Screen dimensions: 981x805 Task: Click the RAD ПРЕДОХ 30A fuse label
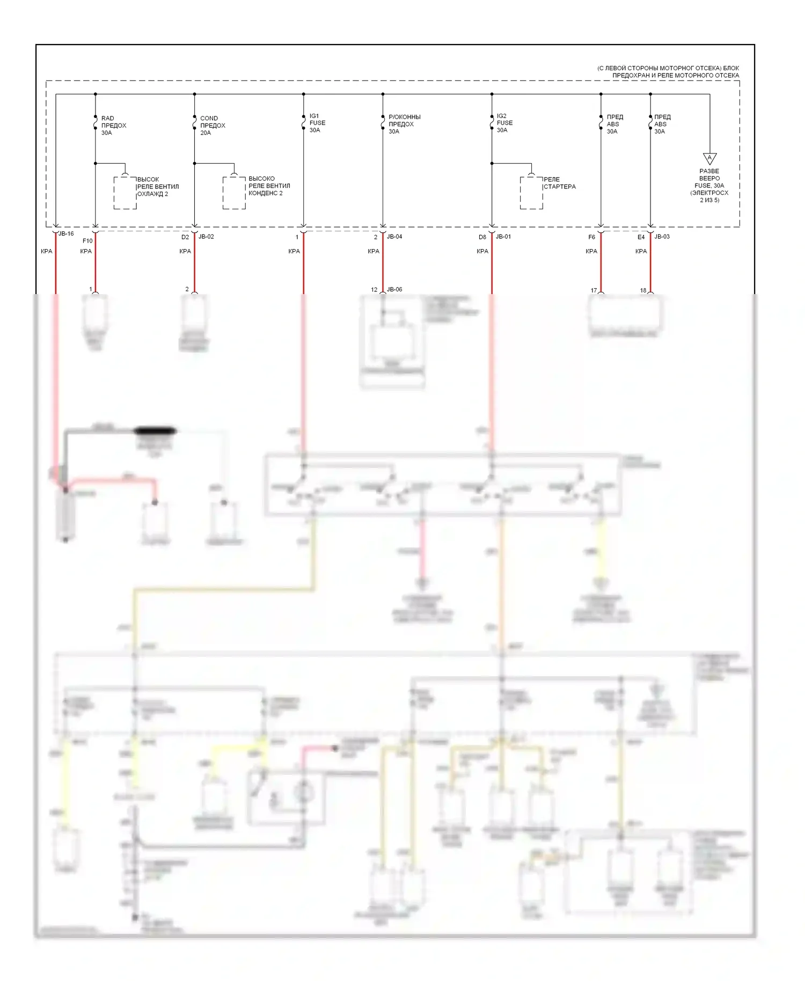coord(113,126)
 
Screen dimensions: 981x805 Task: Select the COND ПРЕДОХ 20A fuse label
coord(213,126)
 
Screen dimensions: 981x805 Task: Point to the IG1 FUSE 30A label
coord(317,123)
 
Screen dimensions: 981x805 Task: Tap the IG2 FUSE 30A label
coord(504,123)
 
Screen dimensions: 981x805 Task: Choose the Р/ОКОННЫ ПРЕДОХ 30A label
coord(404,124)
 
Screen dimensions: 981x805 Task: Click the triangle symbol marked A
coord(709,158)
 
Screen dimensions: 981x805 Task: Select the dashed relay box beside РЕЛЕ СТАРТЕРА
coord(531,193)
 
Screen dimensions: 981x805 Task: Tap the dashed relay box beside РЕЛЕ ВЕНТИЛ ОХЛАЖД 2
coord(125,193)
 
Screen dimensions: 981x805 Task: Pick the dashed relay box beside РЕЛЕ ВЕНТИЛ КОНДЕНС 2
coord(235,193)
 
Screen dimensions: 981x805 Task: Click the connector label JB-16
coord(65,234)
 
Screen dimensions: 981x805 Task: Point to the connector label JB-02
coord(206,237)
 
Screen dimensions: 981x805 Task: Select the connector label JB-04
coord(394,237)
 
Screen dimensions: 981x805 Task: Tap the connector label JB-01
coord(503,237)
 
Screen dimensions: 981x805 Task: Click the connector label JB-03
coord(662,237)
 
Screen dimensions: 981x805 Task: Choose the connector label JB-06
coord(394,290)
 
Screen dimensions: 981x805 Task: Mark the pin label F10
coord(87,241)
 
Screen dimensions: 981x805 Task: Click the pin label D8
coord(482,237)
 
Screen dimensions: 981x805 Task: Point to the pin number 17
coord(594,290)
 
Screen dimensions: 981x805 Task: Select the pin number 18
coord(643,290)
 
